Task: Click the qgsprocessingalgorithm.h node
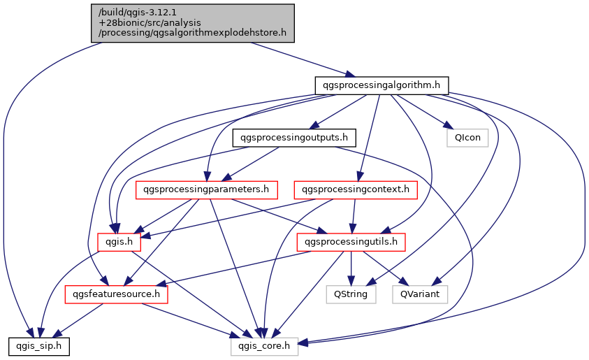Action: click(381, 85)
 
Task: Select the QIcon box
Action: click(467, 137)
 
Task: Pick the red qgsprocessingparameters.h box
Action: click(208, 189)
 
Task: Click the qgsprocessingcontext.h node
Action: click(356, 189)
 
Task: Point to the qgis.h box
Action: click(119, 241)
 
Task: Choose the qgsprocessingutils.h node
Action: click(351, 241)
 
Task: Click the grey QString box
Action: click(351, 294)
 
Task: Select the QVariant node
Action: click(420, 294)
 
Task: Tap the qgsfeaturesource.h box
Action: click(117, 294)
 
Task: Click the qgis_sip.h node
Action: click(38, 345)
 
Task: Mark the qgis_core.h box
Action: click(264, 345)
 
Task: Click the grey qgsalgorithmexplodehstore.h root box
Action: click(193, 22)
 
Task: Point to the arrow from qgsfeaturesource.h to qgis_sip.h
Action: click(78, 320)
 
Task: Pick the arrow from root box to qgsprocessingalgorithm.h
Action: click(300, 57)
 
